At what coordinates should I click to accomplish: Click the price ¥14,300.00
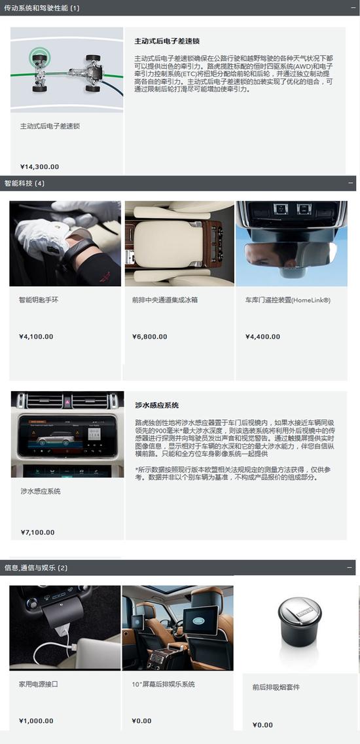(40, 166)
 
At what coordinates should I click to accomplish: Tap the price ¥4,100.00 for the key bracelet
(36, 337)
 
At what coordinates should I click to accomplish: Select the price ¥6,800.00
(149, 337)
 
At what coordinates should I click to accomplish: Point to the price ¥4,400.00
(262, 337)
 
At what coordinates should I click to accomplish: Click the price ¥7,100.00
(38, 532)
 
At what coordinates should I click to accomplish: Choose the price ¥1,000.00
(36, 720)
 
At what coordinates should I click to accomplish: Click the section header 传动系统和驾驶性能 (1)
(42, 8)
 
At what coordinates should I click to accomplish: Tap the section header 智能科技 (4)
(24, 183)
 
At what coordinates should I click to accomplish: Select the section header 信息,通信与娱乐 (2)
(36, 567)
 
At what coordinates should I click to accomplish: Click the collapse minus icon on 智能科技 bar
(351, 183)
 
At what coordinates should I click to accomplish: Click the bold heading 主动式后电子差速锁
(166, 41)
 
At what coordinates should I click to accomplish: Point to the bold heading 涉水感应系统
(157, 405)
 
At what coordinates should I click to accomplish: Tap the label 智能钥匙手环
(39, 300)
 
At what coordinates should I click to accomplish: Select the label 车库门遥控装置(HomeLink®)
(288, 300)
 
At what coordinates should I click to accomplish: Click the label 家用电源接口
(39, 684)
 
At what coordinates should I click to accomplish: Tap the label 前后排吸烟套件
(276, 687)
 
